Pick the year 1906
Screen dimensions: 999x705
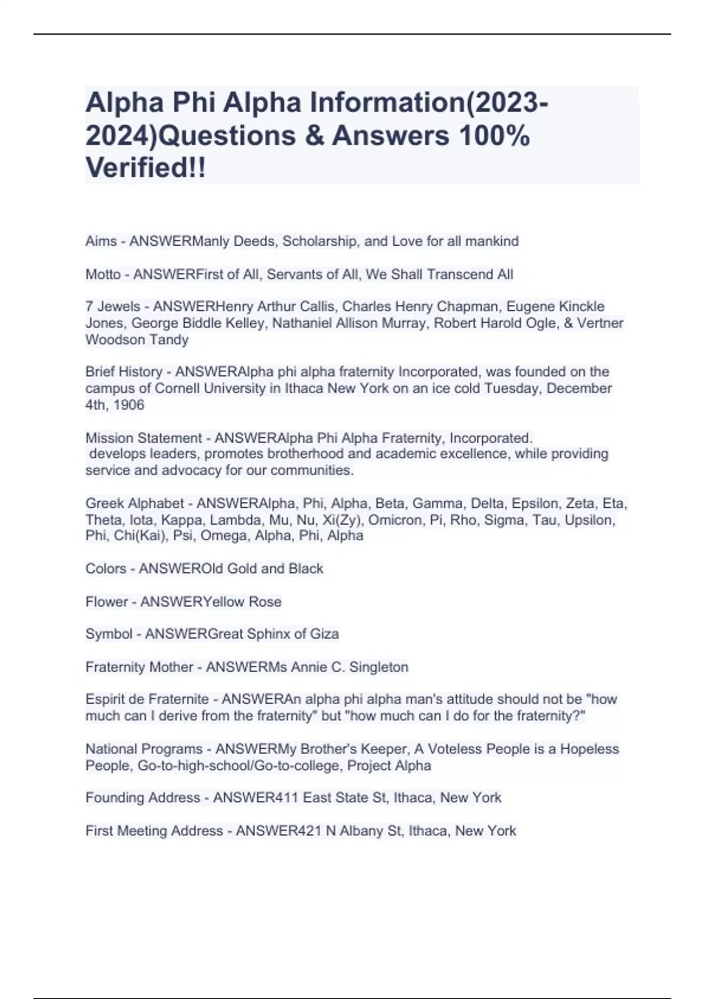pos(129,405)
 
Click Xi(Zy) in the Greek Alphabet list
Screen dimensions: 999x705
pos(340,520)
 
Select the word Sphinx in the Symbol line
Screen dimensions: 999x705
pos(268,634)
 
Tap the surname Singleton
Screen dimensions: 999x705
pos(378,668)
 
